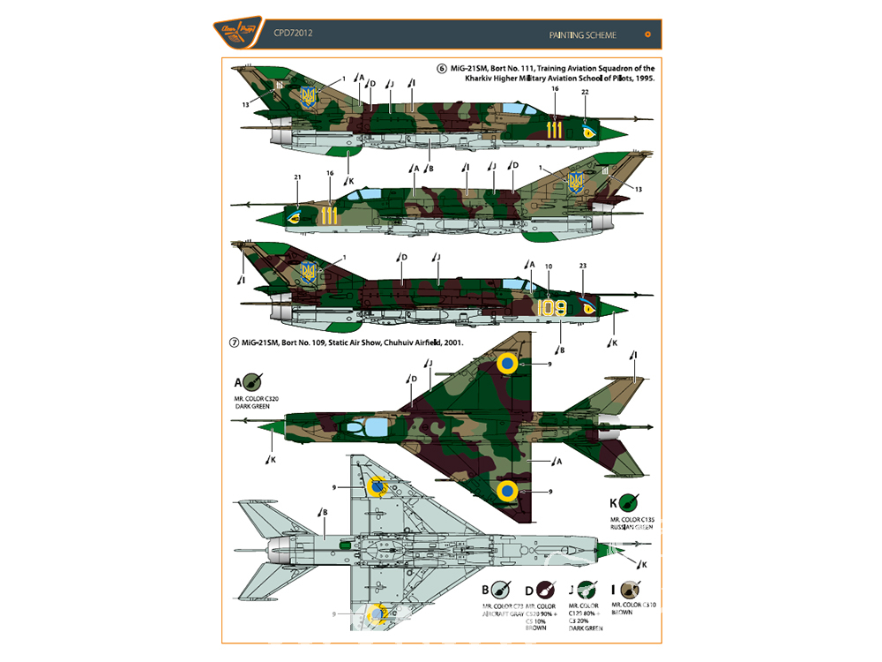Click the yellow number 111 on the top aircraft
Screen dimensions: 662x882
554,130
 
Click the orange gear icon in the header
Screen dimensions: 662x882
648,34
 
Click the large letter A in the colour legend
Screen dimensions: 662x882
237,383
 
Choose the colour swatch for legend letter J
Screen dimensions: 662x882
586,590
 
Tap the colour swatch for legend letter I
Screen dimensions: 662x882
630,590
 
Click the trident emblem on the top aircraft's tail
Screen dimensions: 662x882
309,97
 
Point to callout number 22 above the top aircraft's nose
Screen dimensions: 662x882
585,93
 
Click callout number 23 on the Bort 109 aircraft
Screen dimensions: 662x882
582,267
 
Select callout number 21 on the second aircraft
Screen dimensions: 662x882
298,177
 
